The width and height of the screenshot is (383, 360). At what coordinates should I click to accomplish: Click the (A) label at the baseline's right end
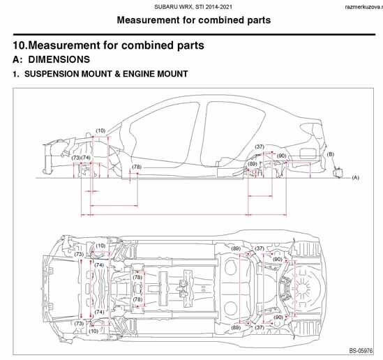[355, 177]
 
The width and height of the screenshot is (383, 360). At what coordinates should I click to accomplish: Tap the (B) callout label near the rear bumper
[330, 154]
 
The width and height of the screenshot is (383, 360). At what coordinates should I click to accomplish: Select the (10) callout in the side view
[100, 130]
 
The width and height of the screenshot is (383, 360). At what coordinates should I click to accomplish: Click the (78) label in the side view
[137, 167]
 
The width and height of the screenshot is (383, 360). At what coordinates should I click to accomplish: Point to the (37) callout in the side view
[260, 147]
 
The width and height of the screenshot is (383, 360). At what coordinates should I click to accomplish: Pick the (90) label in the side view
[282, 156]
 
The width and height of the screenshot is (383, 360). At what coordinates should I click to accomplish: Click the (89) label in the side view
[253, 164]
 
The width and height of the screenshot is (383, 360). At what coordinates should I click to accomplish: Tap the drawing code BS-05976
[361, 351]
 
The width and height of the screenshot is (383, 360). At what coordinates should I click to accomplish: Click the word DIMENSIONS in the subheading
[59, 59]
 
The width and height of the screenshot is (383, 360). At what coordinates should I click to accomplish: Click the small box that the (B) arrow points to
[338, 172]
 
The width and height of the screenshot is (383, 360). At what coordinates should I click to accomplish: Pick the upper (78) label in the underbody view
[137, 278]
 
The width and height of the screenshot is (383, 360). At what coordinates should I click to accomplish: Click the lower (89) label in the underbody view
[236, 327]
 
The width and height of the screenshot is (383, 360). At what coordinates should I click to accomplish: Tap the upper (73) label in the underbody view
[79, 254]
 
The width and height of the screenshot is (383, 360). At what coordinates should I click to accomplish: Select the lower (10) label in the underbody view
[93, 331]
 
